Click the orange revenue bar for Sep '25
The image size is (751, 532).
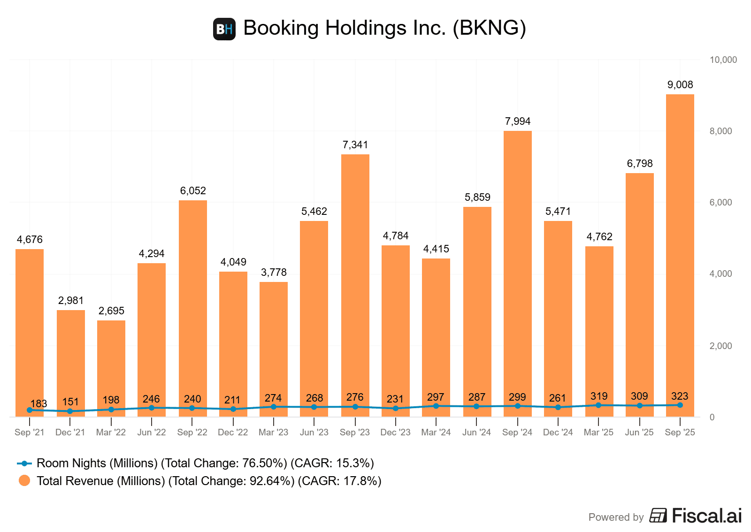coord(680,253)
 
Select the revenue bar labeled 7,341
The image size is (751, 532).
coord(355,281)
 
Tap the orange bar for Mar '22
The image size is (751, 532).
coord(111,366)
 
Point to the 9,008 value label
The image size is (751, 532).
coord(680,85)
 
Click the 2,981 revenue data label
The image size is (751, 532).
coord(71,301)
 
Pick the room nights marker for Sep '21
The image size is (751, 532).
coord(30,410)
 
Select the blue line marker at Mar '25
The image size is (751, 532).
coord(598,405)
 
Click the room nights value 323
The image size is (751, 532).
coord(680,396)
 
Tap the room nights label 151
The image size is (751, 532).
coord(70,402)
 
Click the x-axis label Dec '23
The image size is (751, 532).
coord(395,433)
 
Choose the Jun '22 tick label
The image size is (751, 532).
coord(152,433)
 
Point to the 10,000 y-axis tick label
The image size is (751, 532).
coord(723,60)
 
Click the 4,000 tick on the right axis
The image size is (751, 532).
coord(720,274)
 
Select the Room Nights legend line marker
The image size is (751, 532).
coord(24,464)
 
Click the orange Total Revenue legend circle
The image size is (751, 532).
coord(24,481)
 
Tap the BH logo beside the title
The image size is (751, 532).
coord(224,29)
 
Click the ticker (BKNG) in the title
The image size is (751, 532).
coord(489,28)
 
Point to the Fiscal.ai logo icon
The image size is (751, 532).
coord(658,516)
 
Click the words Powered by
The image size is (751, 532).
coord(616,517)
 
